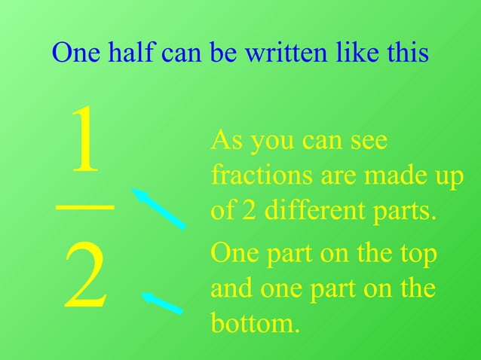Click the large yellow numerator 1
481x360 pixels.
(85, 140)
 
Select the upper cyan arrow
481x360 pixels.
(159, 208)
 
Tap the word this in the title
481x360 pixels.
(406, 53)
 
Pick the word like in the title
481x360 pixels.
(354, 53)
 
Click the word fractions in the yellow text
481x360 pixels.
(256, 175)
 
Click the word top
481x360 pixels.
(417, 255)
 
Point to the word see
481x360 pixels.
(368, 141)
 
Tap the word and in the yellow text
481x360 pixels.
(229, 289)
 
